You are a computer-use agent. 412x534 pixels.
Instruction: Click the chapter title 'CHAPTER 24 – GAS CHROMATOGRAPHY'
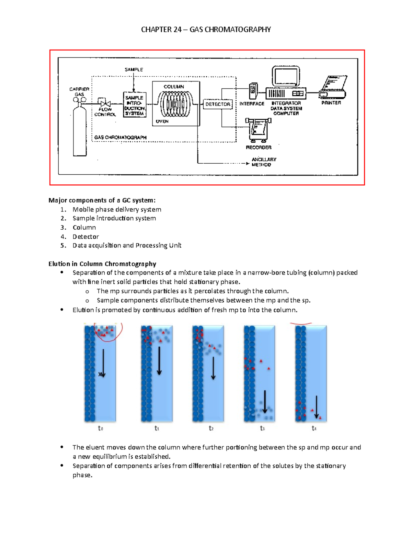(x=206, y=30)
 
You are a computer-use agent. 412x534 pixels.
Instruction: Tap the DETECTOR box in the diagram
(x=218, y=104)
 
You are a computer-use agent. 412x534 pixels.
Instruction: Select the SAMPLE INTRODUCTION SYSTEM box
(x=135, y=105)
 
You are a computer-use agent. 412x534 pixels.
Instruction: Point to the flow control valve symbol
(x=105, y=103)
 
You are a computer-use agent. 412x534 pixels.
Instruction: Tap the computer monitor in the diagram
(x=286, y=76)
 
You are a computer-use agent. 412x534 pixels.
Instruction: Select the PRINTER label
(x=331, y=103)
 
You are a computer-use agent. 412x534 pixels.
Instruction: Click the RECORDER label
(x=259, y=148)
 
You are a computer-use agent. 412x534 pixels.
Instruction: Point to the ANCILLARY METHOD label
(x=264, y=162)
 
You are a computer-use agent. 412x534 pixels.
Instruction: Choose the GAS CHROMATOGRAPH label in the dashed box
(x=120, y=137)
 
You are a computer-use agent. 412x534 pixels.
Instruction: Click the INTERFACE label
(x=252, y=103)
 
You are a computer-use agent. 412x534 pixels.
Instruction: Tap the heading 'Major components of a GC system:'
(x=102, y=200)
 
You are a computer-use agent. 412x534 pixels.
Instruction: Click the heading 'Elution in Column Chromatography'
(x=102, y=264)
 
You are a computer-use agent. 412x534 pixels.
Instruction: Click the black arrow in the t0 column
(x=103, y=363)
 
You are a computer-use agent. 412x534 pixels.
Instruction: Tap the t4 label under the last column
(x=314, y=428)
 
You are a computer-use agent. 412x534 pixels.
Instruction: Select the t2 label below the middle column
(x=211, y=428)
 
